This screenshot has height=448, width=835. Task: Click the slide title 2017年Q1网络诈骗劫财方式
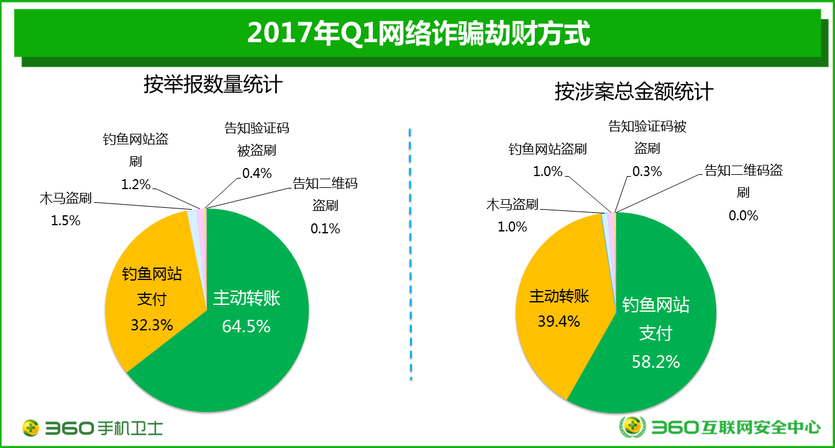pos(417,33)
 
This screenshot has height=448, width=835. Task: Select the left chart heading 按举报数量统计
pos(212,85)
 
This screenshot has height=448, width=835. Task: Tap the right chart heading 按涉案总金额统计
pos(634,93)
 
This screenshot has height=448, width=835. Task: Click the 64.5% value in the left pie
pos(246,326)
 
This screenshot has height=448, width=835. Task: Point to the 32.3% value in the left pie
pos(152,324)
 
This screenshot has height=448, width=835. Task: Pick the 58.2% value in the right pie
pos(655,361)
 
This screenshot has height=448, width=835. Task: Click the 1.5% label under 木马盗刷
pos(65,220)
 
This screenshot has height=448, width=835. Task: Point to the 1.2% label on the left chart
pos(135,184)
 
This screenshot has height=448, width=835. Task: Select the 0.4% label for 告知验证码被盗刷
pos(257,174)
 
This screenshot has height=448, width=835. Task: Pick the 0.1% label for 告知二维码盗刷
pos(325,228)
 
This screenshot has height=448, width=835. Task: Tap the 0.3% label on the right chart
pos(647,171)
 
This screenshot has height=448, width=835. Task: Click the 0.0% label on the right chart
pos(743,215)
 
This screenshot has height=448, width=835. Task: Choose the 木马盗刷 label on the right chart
pos(512,205)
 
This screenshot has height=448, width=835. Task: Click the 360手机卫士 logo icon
pos(31,427)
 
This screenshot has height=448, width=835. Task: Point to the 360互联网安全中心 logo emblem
pos(632,427)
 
